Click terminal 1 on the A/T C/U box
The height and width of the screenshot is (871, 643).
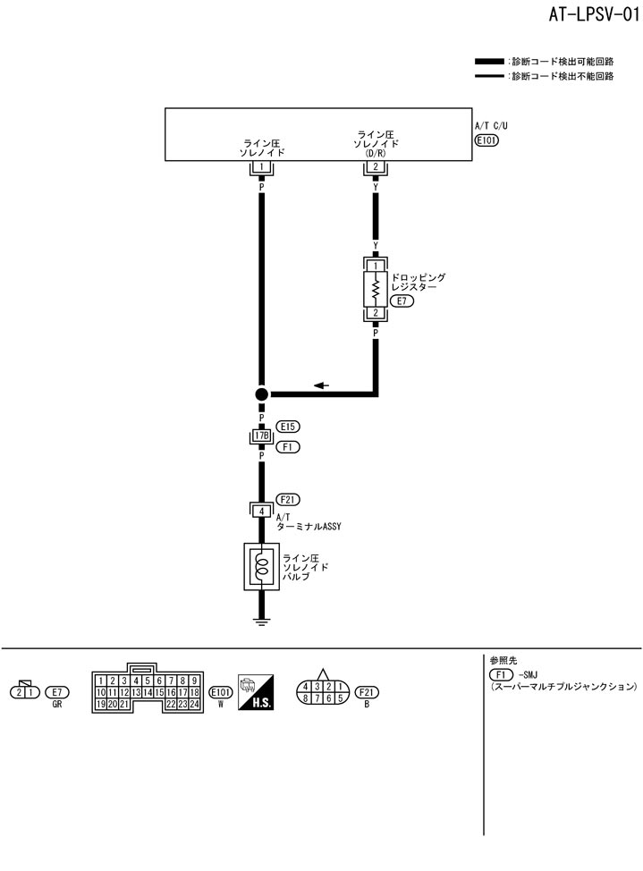(x=261, y=167)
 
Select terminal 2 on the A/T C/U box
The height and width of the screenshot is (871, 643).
(x=376, y=167)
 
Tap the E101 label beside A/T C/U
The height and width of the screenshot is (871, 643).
(x=486, y=140)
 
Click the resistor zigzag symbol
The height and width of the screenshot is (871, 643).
(x=376, y=289)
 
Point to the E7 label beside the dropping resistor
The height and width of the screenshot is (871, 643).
(x=403, y=300)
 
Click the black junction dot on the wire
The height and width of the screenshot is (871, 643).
(x=261, y=393)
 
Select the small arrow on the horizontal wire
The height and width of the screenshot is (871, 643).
(x=321, y=385)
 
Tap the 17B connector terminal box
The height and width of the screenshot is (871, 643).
(x=261, y=436)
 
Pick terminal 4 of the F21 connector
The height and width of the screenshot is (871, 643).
(x=261, y=511)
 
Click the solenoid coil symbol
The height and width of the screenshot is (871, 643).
(x=261, y=566)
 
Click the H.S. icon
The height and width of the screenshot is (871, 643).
(x=256, y=693)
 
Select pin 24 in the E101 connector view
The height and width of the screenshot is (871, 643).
(x=193, y=704)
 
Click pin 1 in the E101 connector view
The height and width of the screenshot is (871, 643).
(x=101, y=681)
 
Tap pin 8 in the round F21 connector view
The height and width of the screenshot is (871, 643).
(x=307, y=698)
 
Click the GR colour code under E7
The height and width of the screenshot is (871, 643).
(x=57, y=704)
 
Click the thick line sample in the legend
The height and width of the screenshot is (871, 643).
(x=489, y=62)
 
